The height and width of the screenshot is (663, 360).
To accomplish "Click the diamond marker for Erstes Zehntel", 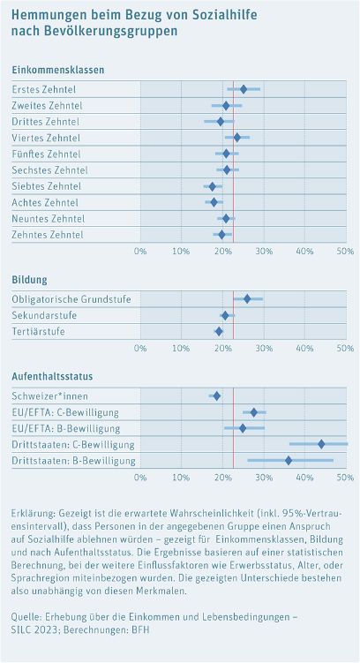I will (244, 89).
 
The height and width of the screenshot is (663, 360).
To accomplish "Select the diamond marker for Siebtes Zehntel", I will (212, 186).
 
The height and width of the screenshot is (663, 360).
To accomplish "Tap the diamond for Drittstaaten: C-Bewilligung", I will (321, 444).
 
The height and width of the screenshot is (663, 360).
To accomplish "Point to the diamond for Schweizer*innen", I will (216, 396).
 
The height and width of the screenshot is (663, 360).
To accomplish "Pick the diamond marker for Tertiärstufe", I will (219, 331).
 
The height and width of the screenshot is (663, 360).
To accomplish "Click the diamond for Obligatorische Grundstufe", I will (247, 299).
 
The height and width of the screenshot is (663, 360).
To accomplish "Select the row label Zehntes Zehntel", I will (48, 235).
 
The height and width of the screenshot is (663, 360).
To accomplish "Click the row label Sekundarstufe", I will (44, 315).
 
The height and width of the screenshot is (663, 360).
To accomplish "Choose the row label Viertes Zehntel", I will (46, 138).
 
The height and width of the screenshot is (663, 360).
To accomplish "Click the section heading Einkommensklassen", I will (58, 70).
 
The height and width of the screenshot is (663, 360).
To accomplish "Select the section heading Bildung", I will (30, 280).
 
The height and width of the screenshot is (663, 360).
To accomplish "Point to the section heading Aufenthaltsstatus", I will (53, 376).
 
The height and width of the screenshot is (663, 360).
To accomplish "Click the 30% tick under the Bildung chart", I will (263, 348).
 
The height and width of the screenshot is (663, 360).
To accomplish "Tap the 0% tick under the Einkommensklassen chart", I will (140, 252).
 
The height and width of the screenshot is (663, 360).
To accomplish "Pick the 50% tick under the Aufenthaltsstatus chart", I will (345, 477).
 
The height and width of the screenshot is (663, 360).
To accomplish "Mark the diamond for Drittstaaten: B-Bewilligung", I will (289, 460).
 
